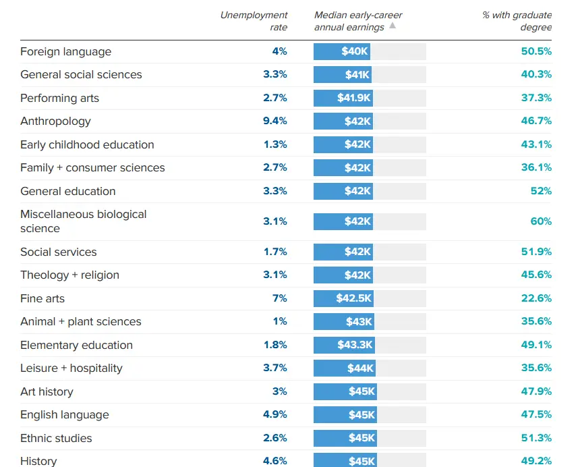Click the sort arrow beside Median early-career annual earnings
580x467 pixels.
(393, 26)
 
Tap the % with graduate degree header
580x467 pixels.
(517, 21)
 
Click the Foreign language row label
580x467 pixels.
(65, 52)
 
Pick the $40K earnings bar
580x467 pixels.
(342, 52)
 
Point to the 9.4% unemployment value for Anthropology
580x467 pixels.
(274, 121)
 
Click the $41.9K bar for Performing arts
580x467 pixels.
(343, 99)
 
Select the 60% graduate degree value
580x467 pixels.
(541, 221)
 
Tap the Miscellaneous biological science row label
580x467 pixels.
(83, 221)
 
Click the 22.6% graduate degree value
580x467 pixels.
(536, 298)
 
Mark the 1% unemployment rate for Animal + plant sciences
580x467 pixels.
(280, 322)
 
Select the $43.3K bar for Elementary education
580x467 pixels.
(345, 345)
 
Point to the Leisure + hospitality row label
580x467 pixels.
(71, 368)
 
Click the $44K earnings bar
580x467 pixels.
(345, 368)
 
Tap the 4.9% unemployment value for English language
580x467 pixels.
(274, 415)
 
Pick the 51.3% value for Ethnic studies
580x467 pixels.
(536, 438)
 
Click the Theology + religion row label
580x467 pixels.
(69, 275)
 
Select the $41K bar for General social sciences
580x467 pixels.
(343, 75)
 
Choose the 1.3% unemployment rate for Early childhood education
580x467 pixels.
(274, 144)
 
